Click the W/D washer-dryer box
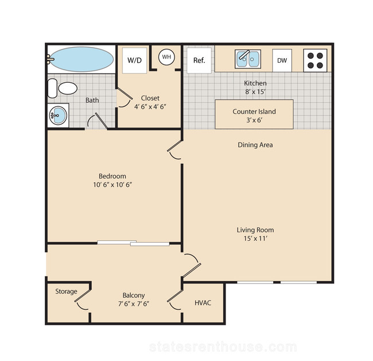tap(134, 60)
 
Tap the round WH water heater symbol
tap(166, 57)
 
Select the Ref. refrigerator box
tap(199, 60)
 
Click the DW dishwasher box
tap(282, 60)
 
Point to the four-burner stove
tap(315, 60)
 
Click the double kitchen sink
tap(248, 59)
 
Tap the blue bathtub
tap(81, 59)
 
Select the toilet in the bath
tap(63, 89)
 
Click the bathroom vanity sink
tap(58, 116)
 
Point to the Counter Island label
tap(254, 112)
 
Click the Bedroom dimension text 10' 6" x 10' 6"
tap(112, 185)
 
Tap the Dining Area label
tap(255, 145)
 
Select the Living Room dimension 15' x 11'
tap(255, 239)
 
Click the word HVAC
tap(203, 302)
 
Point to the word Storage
tap(66, 291)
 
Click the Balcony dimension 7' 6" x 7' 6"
tap(134, 304)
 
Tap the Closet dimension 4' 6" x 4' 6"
tap(150, 107)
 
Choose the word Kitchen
tap(255, 83)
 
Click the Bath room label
tap(92, 100)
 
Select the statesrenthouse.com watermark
tap(223, 347)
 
